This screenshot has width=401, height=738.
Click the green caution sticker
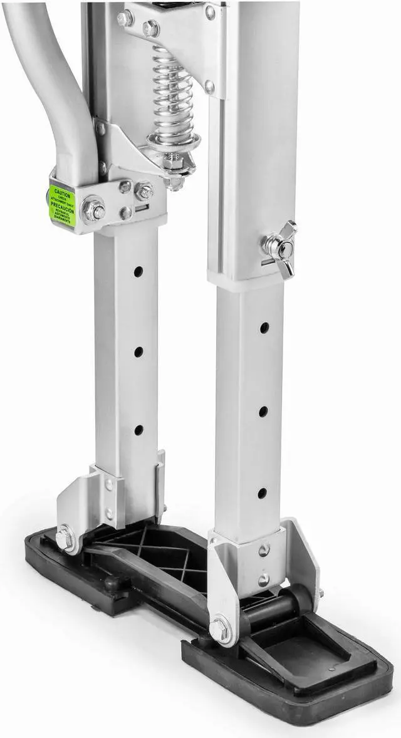coord(62,204)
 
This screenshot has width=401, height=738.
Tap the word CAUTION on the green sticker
coord(62,192)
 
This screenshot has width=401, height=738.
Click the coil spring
coord(172,94)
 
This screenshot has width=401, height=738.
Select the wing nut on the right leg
coord(279,248)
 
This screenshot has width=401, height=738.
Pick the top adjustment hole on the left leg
coord(138,271)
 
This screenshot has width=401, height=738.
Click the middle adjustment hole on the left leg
coord(138,351)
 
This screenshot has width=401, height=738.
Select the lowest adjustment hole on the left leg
coord(138,430)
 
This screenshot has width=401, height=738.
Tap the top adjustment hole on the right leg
coord(264,328)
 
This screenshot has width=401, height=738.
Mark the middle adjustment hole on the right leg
coord(263,411)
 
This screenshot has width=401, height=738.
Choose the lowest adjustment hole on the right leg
coord(262,493)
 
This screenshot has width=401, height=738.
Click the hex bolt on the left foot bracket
coord(65,539)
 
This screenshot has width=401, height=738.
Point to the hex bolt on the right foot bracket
coord(219,628)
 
